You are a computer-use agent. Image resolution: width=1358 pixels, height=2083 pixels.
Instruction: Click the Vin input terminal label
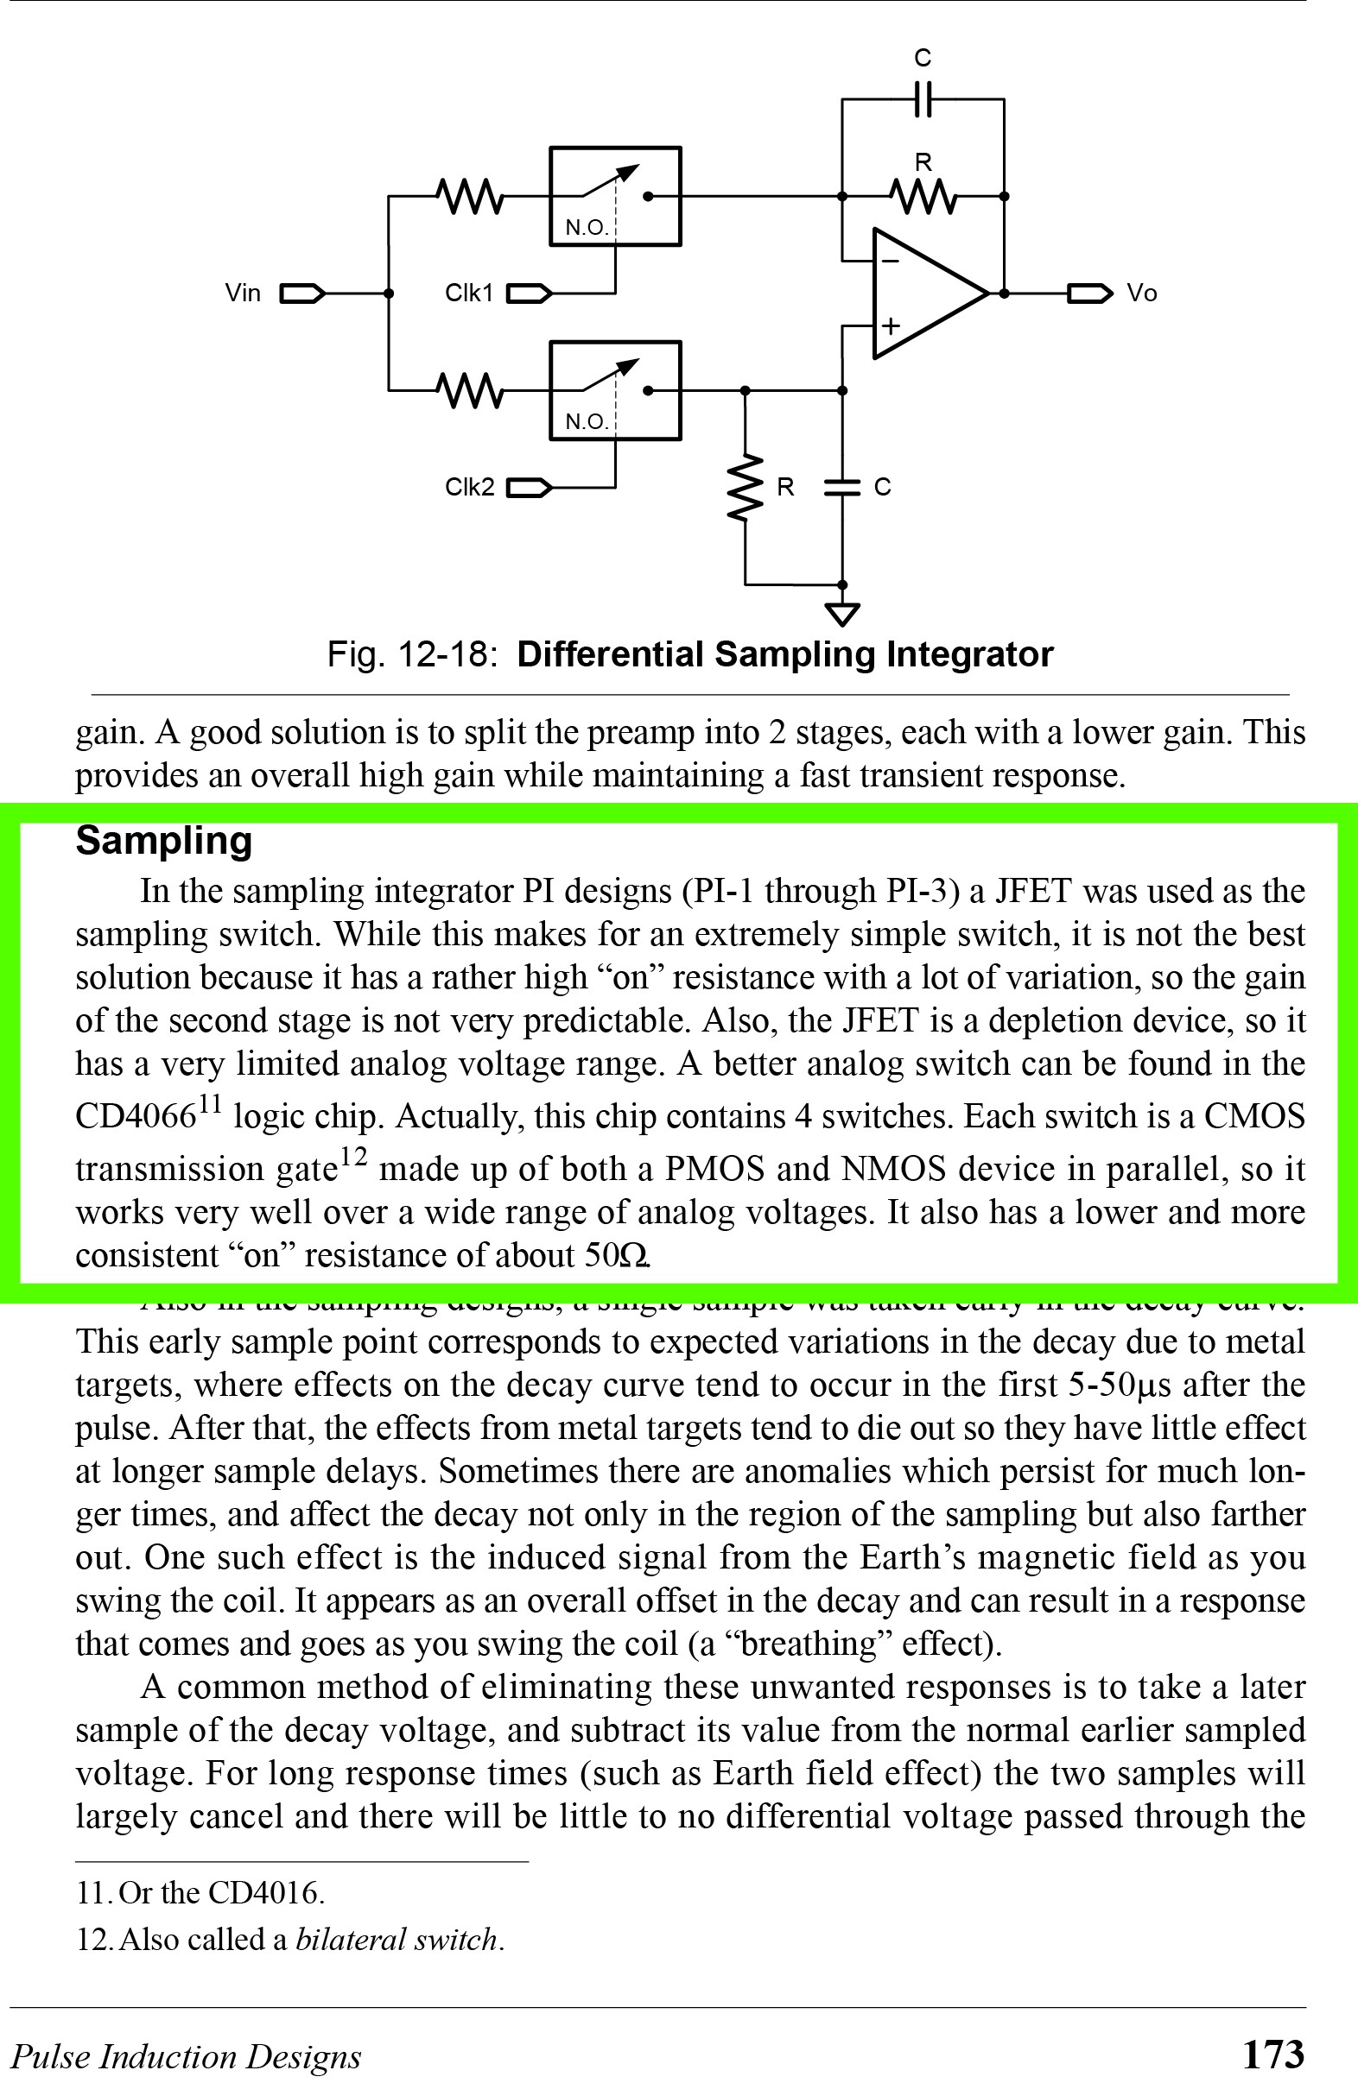pos(243,294)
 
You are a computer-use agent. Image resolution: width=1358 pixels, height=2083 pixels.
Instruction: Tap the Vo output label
pos(1141,294)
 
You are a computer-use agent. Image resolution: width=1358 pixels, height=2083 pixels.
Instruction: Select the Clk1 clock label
pos(468,294)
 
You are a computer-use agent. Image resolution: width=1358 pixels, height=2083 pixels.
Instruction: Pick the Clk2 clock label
pos(468,488)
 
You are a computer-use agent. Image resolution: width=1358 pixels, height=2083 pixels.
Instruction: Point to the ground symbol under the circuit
pos(842,615)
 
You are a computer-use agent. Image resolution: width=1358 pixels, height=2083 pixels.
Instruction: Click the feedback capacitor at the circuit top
pos(923,99)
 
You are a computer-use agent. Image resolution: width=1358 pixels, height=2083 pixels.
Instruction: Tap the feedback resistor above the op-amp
pos(923,196)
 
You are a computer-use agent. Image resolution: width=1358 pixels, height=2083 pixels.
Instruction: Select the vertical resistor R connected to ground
pos(746,488)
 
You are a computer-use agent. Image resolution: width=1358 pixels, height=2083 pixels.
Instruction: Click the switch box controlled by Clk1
pos(615,196)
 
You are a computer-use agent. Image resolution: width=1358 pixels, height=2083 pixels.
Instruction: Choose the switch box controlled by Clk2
pos(615,390)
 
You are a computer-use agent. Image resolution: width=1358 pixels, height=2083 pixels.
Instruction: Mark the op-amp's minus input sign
pos(890,260)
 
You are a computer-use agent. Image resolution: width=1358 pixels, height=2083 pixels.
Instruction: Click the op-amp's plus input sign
pos(890,326)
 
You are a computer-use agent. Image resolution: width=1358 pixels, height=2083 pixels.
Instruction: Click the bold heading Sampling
pos(164,841)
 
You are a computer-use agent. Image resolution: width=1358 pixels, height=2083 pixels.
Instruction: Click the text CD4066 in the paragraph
pos(136,1118)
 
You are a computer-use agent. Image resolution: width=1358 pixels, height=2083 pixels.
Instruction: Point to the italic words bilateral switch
pos(398,1941)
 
